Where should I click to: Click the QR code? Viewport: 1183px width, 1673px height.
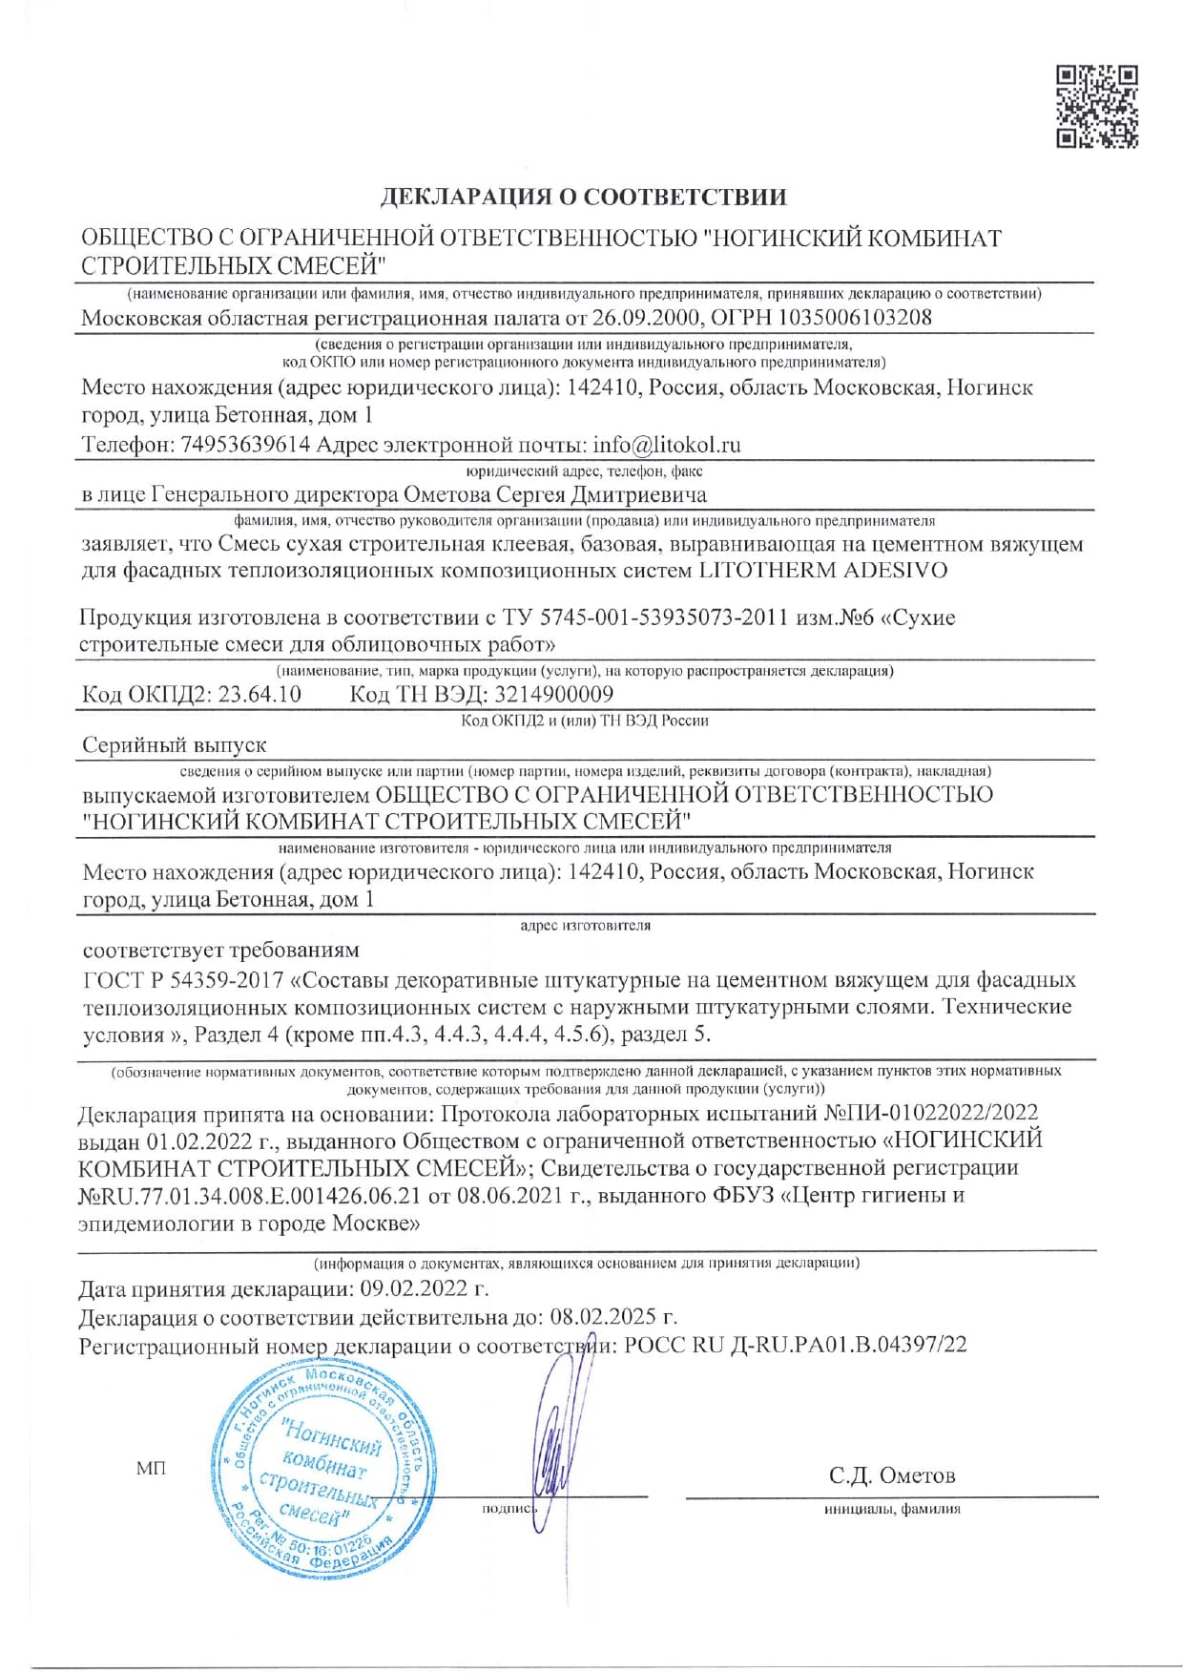1097,106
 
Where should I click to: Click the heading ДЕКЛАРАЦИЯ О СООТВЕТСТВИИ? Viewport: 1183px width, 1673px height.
584,197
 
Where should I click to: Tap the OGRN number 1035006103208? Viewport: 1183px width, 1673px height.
856,318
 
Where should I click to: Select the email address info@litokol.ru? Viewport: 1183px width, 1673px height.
667,445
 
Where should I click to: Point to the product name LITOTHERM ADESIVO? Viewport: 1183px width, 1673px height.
824,571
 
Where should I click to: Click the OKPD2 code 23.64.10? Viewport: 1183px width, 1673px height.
259,694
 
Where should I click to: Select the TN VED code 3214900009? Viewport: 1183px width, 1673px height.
554,694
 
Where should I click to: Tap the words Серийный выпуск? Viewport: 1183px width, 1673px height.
175,744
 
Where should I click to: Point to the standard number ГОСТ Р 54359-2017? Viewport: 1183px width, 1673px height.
182,980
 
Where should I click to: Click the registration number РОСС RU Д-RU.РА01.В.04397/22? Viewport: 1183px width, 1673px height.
795,1345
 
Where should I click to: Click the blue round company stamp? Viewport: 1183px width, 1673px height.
318,1469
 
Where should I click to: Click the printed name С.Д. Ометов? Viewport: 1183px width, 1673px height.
892,1475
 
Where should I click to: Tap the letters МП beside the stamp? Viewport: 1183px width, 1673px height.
151,1469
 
